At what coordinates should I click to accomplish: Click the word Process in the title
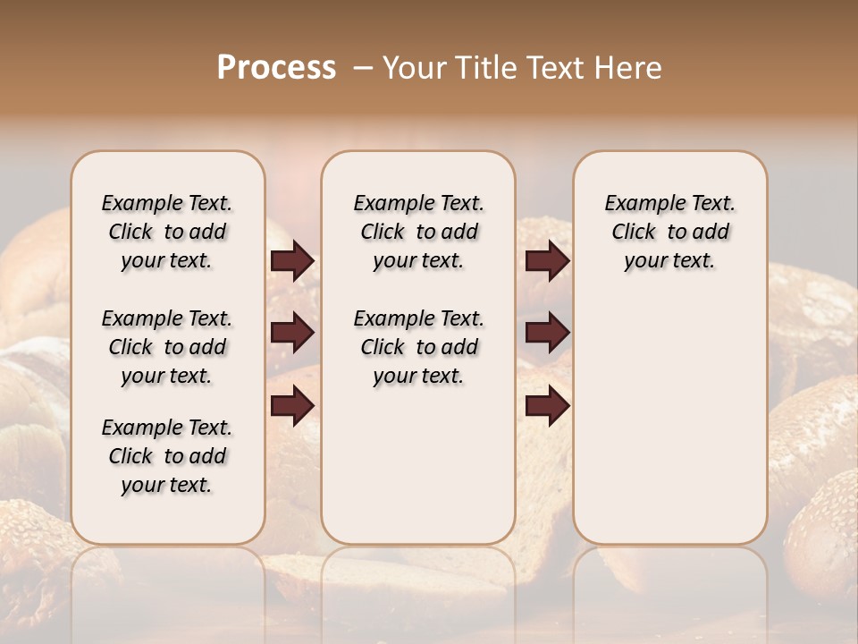pos(276,68)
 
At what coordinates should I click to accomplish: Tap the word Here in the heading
pos(629,68)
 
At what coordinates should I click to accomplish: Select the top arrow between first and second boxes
pos(292,261)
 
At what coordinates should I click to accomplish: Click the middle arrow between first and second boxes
pos(292,333)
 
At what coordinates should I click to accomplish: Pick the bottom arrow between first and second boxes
pos(292,405)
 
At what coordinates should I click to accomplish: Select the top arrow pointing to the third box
pos(547,261)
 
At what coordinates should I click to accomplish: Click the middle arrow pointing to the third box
pos(547,333)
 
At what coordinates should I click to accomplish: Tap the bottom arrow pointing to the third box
pos(547,405)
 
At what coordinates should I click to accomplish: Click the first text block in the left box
pos(167,232)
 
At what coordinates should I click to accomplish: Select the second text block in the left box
pos(167,347)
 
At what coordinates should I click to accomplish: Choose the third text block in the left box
pos(167,456)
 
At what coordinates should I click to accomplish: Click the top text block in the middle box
pos(418,232)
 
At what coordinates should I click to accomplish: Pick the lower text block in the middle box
pos(418,347)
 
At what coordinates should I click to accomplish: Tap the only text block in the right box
pos(669,232)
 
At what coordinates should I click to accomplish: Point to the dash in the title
pos(363,68)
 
